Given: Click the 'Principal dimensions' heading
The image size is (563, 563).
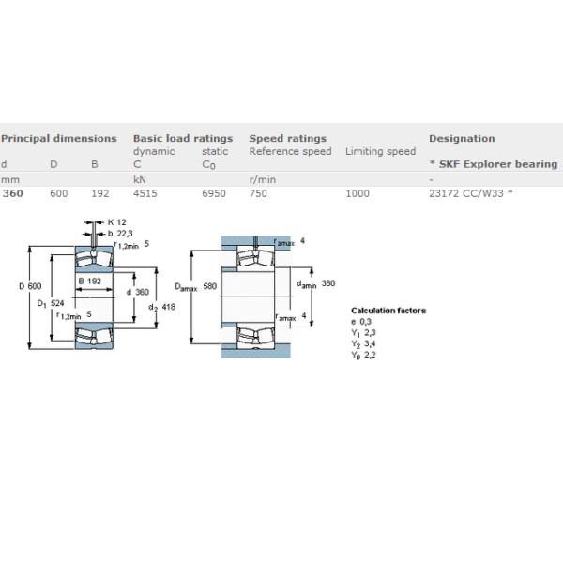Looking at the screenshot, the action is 59,139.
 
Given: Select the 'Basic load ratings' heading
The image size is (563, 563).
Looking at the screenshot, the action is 183,139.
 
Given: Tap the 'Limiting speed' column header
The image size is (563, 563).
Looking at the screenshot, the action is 381,151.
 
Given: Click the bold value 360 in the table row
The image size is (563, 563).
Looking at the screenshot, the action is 13,193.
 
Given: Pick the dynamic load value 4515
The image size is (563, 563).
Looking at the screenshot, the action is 145,193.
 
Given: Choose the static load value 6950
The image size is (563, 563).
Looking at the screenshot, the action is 214,193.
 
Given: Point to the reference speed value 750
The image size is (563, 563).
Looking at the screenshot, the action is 258,193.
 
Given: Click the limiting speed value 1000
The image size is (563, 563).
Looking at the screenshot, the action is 358,193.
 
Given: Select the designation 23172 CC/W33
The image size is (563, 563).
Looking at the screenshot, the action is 466,193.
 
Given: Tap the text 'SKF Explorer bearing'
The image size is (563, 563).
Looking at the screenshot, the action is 498,164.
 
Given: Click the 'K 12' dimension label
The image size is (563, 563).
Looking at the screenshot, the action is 117,222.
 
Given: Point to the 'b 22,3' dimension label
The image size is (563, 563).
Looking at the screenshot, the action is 120,234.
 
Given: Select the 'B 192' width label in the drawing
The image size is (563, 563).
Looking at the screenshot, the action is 90,281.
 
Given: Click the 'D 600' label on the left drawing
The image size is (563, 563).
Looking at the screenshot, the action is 30,286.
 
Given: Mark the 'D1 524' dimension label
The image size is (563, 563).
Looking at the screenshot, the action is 51,304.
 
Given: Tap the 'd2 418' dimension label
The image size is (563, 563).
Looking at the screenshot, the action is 162,307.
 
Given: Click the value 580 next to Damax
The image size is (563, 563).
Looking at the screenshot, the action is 209,286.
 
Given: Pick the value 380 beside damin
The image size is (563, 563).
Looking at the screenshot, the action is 328,283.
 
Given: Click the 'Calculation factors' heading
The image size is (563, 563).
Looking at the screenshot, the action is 388,311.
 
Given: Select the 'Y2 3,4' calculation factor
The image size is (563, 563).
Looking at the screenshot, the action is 363,344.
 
